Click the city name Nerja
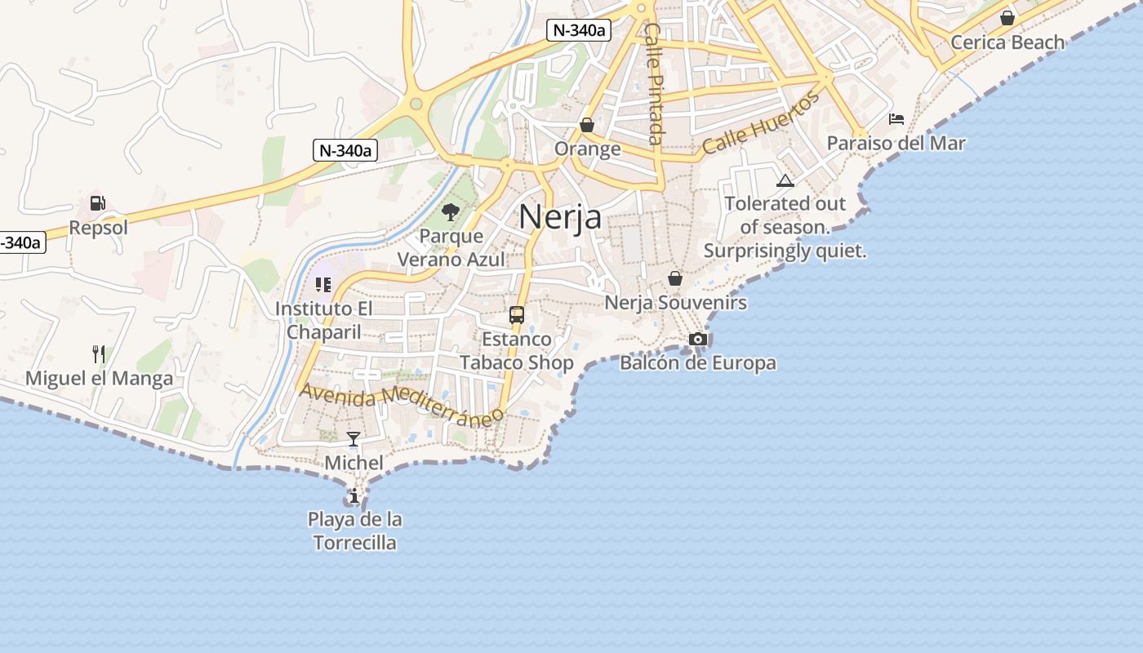point(560,217)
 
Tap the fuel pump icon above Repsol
point(98,203)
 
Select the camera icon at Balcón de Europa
point(698,339)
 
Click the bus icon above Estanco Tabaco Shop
point(516,314)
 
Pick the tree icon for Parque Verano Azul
point(450,213)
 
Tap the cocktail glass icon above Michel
point(354,439)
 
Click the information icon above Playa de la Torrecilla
point(354,495)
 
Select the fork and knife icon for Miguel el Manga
point(99,354)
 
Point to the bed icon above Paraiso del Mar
point(896,119)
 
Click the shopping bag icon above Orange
point(587,125)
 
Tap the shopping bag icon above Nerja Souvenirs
point(675,278)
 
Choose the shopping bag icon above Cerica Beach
point(1007,18)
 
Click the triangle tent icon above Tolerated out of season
point(785,180)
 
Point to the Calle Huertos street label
point(760,124)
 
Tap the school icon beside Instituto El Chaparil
point(323,285)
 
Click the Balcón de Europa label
point(698,363)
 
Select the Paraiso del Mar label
point(896,144)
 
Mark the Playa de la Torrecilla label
point(355,531)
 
